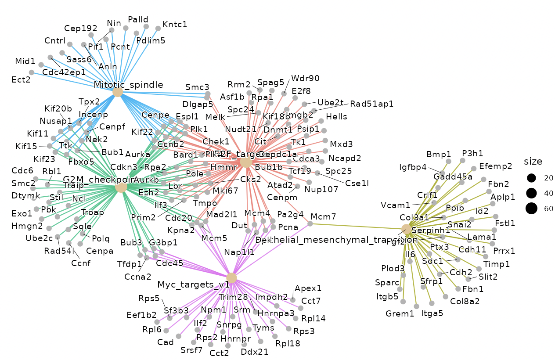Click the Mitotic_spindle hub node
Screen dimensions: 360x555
point(117,92)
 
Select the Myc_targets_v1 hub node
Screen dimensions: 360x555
point(231,278)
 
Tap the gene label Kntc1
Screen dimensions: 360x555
point(175,24)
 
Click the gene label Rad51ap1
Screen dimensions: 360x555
point(371,104)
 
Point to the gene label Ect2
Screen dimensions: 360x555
point(21,79)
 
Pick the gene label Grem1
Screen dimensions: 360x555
point(400,314)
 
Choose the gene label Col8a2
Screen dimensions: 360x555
point(465,301)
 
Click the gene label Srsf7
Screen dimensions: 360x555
point(191,350)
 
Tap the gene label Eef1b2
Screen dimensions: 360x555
point(141,314)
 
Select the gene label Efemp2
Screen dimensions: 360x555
point(496,166)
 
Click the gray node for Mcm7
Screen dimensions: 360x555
point(310,223)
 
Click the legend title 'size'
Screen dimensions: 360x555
point(533,161)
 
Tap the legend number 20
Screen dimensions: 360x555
point(548,178)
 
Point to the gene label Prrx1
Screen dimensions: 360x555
point(504,251)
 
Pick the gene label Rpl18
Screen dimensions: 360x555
point(288,343)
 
